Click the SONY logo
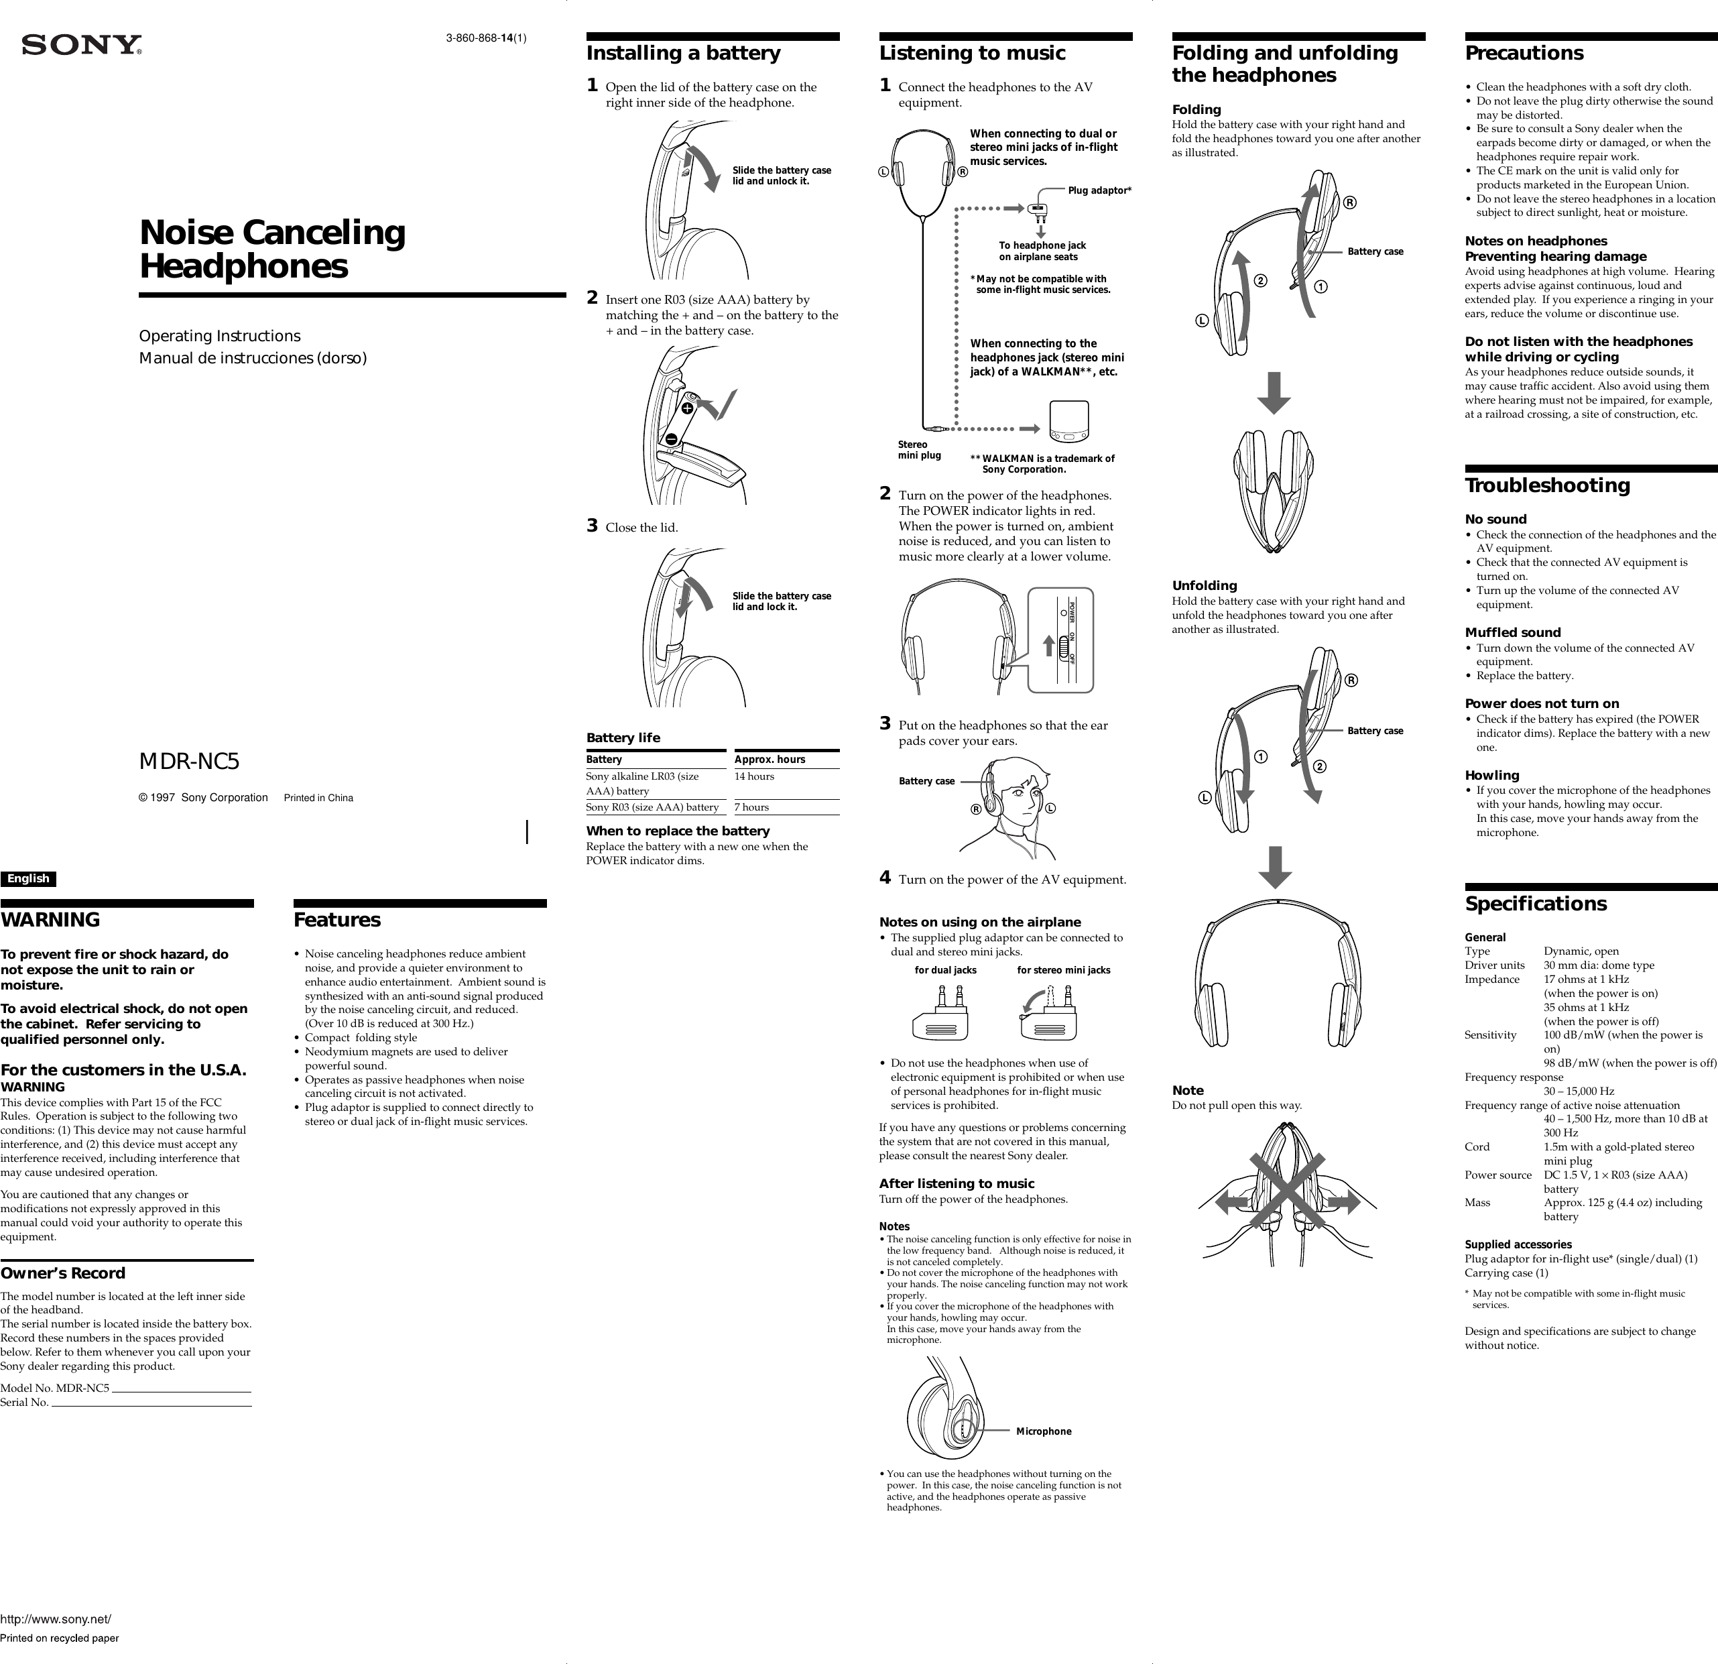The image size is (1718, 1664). click(82, 46)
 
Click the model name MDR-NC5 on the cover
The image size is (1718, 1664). click(188, 762)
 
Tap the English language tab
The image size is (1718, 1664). click(28, 878)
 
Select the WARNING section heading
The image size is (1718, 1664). click(50, 920)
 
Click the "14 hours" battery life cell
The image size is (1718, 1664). click(754, 777)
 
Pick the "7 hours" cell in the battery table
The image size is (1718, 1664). click(751, 807)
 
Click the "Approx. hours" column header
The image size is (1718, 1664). click(769, 759)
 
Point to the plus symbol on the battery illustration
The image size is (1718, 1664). click(687, 408)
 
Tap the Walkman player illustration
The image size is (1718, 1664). click(1068, 422)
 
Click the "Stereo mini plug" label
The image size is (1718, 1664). click(918, 450)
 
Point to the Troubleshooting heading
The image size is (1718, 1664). click(1547, 485)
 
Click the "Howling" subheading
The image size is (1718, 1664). click(1492, 775)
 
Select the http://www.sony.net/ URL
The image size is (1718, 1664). click(55, 1619)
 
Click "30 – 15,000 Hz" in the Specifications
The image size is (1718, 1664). click(1578, 1091)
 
